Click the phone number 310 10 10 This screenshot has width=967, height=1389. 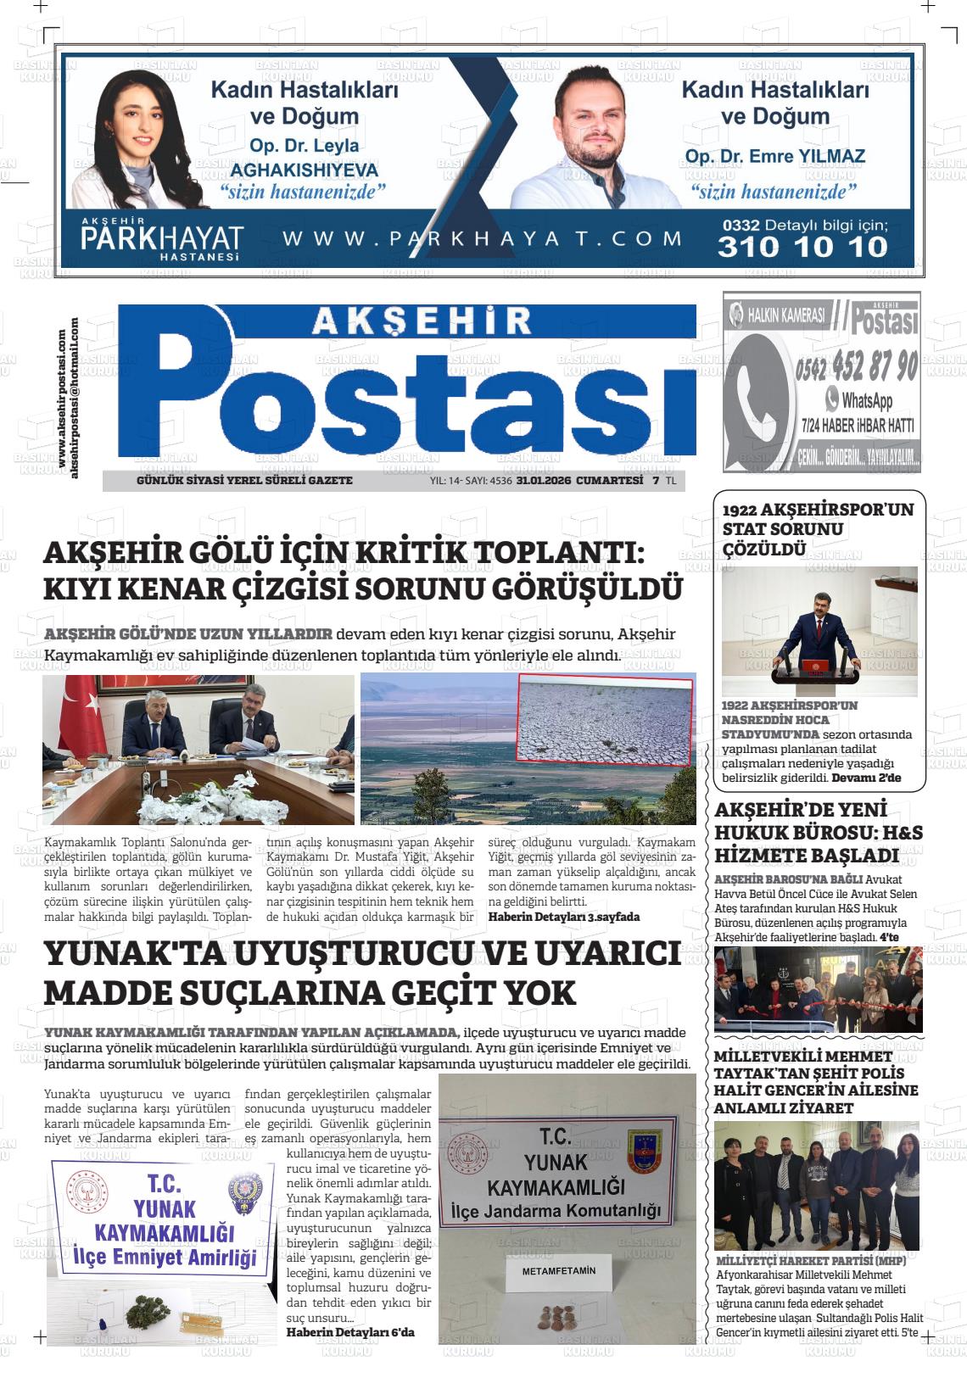(x=802, y=247)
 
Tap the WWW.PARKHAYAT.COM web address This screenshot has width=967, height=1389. (x=482, y=238)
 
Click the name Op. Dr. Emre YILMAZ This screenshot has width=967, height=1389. (x=774, y=156)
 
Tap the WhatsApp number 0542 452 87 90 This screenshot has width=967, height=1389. (x=856, y=367)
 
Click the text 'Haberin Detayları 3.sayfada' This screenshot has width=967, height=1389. (x=563, y=917)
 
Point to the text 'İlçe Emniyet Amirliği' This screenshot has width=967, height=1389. (x=165, y=1258)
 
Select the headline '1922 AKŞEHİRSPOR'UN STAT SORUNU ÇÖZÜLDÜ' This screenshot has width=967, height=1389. (x=818, y=529)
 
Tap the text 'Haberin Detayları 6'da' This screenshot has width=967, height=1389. (x=350, y=1332)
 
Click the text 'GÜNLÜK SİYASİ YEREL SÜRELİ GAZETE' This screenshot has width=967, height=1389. (x=244, y=481)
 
